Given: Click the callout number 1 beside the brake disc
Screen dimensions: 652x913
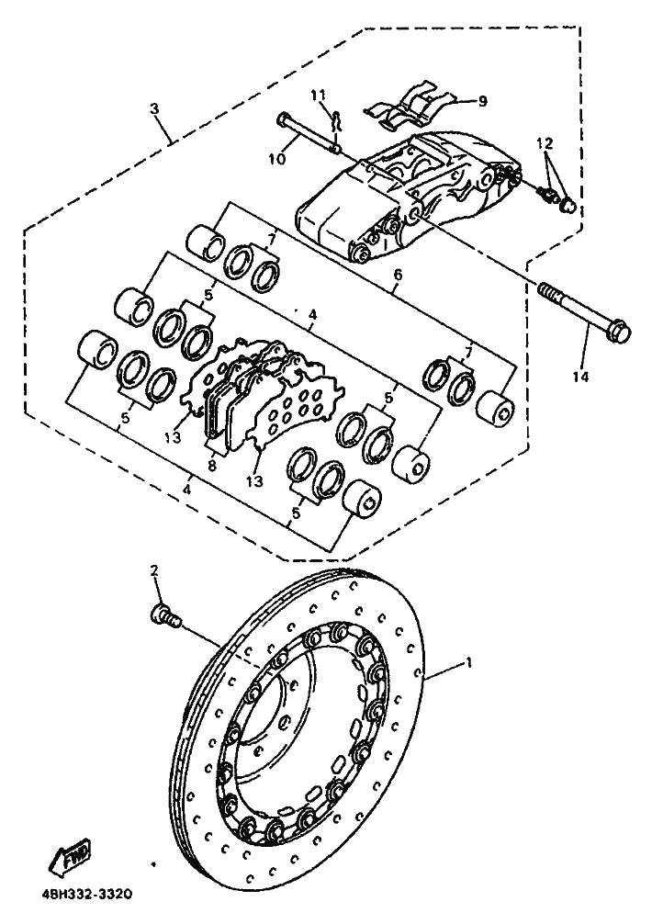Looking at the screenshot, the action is pos(469,662).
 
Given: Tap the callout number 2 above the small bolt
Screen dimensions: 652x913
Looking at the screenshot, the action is pos(154,570).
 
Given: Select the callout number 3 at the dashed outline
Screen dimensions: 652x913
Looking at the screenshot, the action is pos(153,108).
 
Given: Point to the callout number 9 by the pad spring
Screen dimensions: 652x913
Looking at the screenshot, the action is pos(482,101).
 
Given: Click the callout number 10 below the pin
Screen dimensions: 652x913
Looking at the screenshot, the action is pos(278,158).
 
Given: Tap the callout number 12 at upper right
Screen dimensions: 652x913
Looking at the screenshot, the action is pos(545,142).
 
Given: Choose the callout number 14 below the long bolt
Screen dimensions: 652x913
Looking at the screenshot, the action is pos(579,377).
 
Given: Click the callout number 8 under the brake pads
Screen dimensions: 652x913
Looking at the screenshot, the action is pos(212,466).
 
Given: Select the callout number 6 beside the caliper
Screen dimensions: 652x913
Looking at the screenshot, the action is pos(397,276).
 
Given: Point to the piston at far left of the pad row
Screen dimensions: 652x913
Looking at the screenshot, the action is pos(96,349).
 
